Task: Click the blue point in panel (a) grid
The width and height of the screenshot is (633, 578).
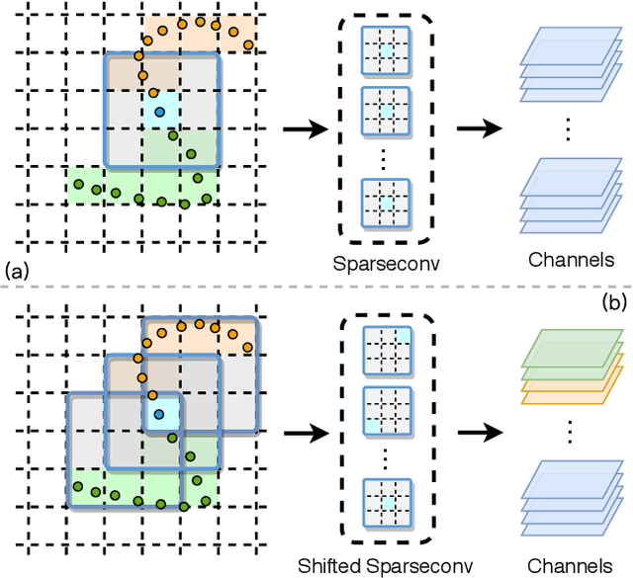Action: pos(157,110)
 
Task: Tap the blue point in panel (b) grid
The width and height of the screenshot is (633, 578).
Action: pos(157,414)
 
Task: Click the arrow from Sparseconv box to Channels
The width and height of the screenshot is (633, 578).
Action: pos(474,128)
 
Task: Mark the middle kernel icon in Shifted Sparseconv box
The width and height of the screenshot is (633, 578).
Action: pos(385,407)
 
